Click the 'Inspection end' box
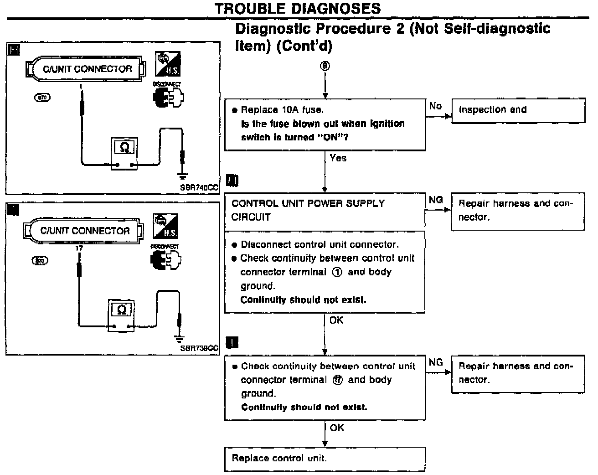518,110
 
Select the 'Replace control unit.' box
325,459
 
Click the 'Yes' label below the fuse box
338,158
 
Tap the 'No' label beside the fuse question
435,106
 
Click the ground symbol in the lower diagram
180,338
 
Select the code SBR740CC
200,187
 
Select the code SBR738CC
199,349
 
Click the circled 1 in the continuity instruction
337,272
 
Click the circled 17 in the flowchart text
337,380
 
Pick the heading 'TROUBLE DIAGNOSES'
298,8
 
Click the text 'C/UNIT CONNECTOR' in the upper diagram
87,69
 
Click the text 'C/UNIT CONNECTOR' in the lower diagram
85,231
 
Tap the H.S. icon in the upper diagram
167,64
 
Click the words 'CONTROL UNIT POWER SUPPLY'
308,203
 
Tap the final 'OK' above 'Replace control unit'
337,428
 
